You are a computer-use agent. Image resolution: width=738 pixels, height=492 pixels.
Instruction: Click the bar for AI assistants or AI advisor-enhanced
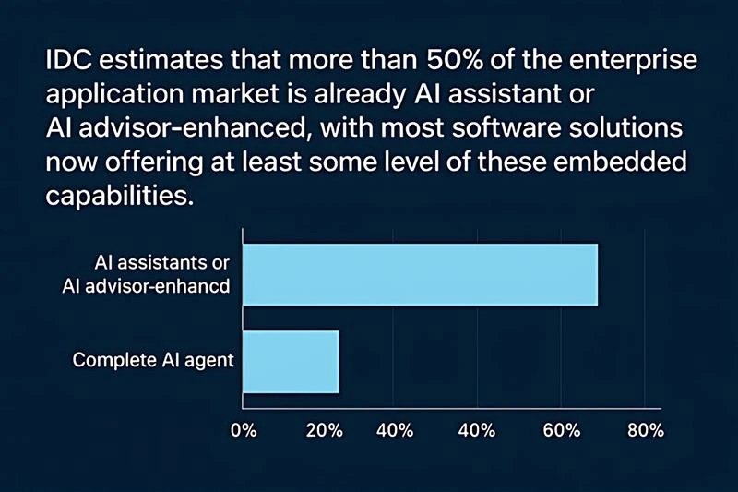(420, 275)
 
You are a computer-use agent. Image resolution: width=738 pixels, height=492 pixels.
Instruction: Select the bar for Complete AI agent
(291, 361)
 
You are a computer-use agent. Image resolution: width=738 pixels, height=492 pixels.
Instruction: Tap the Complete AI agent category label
(153, 360)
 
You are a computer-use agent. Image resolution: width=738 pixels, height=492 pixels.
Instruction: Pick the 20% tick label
(324, 431)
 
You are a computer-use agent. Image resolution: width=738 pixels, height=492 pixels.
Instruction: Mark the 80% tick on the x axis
(644, 431)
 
